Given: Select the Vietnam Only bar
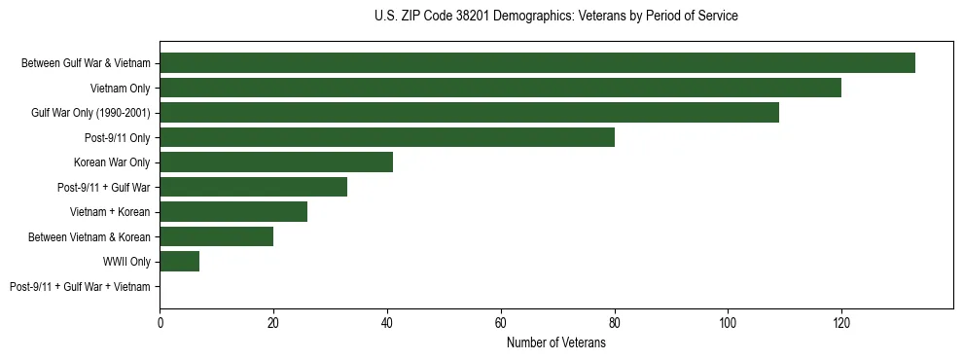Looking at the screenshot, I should (x=500, y=88).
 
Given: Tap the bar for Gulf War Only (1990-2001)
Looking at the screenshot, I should (x=469, y=113).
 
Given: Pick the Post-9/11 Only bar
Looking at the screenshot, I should (x=387, y=137).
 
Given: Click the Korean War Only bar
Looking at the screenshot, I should (x=276, y=162).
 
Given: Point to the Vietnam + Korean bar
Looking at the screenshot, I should (x=233, y=212).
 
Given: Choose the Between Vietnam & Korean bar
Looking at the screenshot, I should (x=216, y=236).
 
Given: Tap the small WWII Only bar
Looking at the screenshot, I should (x=179, y=262).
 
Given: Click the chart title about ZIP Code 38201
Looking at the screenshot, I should (x=555, y=17).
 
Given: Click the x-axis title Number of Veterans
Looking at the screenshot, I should (x=555, y=342).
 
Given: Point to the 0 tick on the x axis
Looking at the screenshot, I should (x=160, y=322).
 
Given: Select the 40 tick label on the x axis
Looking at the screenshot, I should (x=387, y=322).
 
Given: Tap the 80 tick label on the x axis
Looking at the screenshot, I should (x=614, y=322).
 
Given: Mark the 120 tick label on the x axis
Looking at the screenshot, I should (x=841, y=322).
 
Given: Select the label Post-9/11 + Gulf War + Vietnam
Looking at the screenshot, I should (x=80, y=287).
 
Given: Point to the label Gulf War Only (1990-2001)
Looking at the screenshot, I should (x=90, y=113).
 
